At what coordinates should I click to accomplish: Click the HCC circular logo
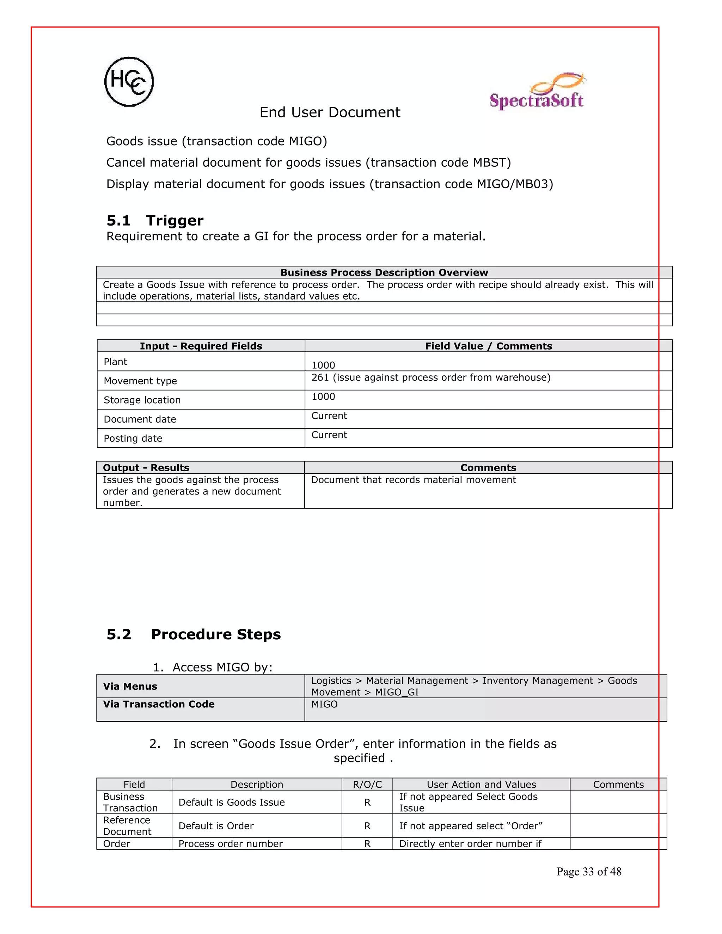pos(129,82)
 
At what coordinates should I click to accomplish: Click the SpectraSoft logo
pos(537,92)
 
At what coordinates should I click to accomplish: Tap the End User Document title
pos(330,112)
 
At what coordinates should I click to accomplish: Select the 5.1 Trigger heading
pos(155,220)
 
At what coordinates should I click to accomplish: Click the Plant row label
pos(116,362)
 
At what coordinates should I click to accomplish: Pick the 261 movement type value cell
pos(431,377)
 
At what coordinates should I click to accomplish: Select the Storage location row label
pos(142,400)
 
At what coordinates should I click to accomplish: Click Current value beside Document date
pos(329,416)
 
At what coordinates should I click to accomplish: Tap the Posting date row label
pos(133,438)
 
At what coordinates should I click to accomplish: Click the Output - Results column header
pos(146,467)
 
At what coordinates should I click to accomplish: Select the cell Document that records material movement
pos(413,480)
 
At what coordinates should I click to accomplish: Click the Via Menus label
pos(130,686)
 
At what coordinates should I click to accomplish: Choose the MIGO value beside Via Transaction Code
pos(324,704)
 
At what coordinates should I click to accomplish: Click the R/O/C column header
pos(367,784)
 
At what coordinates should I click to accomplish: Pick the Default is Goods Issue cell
pos(231,802)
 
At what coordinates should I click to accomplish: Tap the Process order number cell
pos(231,844)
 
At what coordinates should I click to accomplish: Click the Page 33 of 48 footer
pos(588,872)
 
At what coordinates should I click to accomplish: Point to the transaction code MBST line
pos(308,162)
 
